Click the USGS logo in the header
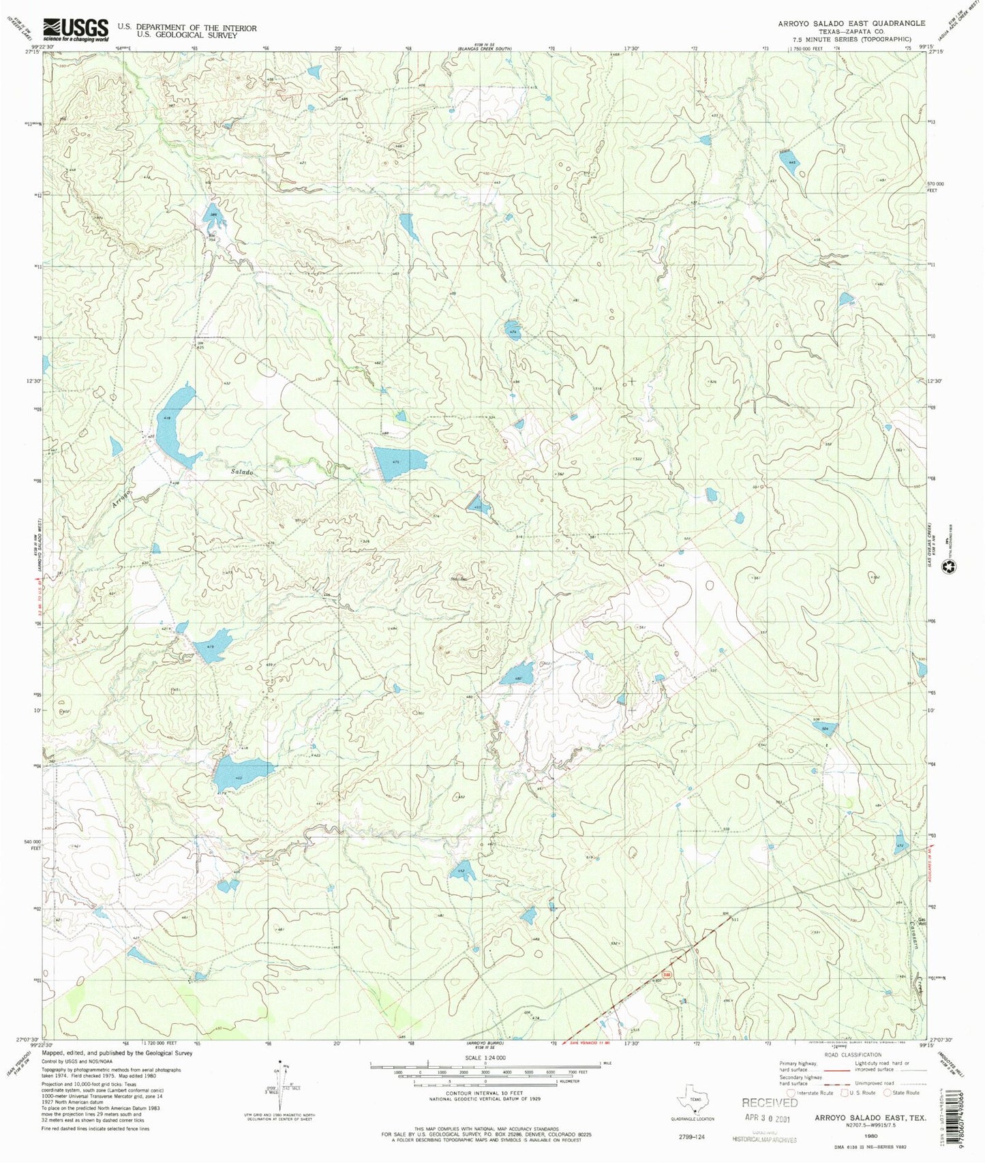(x=76, y=30)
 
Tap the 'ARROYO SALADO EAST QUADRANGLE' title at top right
(x=851, y=23)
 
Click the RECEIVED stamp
(x=770, y=1102)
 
